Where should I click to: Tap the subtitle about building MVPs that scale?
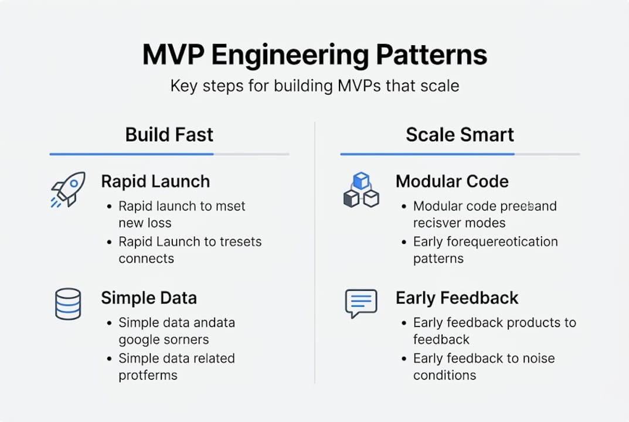click(314, 86)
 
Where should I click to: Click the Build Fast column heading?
click(169, 135)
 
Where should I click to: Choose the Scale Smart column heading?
click(460, 135)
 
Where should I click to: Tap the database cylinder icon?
click(67, 304)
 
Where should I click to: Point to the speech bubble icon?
click(361, 303)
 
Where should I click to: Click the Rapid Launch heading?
click(155, 182)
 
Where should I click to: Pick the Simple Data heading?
click(149, 298)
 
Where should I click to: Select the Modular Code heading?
click(452, 182)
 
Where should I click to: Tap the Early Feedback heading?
click(457, 298)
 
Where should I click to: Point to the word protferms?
click(148, 375)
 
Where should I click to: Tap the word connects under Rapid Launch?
click(146, 258)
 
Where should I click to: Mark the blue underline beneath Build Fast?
click(131, 154)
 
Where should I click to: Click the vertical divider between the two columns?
click(315, 252)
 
